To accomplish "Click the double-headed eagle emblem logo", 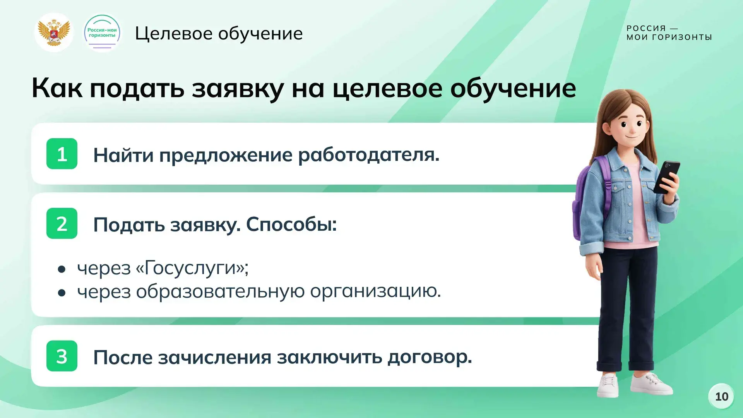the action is click(54, 33).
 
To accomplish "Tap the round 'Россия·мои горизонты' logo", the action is click(102, 33).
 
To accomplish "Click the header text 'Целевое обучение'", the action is click(219, 34).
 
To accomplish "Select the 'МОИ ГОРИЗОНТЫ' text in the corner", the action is click(669, 37).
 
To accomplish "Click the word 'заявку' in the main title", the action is click(238, 89).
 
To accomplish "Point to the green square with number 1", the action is click(62, 154).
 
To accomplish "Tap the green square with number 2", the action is click(62, 223).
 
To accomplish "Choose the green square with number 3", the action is click(62, 356).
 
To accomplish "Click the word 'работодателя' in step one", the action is click(369, 155).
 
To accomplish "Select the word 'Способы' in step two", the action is click(291, 224).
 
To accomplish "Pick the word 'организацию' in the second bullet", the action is click(375, 291).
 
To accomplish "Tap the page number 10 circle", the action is click(721, 396).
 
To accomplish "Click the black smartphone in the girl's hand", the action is click(666, 177).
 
